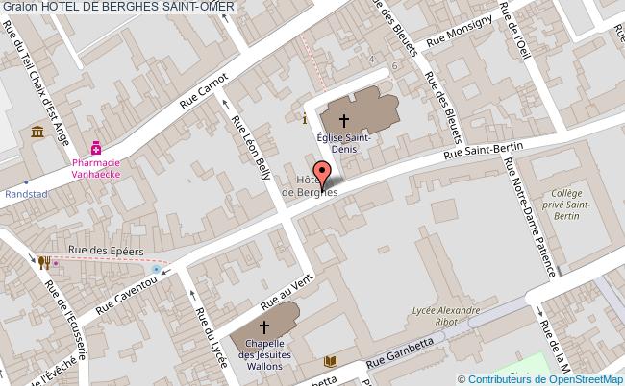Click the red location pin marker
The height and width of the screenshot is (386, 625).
tap(323, 175)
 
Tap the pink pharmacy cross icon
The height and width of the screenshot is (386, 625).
tap(96, 148)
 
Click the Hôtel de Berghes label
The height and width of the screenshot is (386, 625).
tap(309, 186)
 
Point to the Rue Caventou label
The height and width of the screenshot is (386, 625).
tap(126, 292)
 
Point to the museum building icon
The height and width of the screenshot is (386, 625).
tap(37, 131)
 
